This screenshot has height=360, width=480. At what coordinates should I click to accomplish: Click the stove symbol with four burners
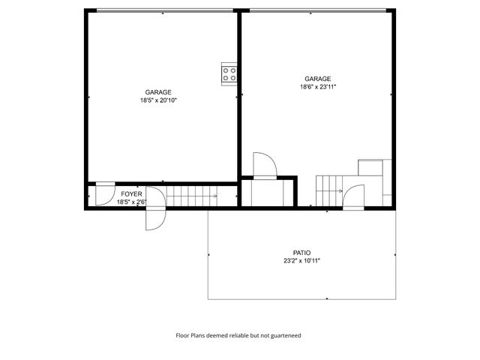click(229, 73)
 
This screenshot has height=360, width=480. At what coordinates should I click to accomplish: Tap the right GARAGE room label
click(318, 79)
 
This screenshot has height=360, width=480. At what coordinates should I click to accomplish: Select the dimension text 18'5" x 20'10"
click(157, 100)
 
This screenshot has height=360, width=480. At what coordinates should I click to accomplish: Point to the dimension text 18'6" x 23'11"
click(318, 87)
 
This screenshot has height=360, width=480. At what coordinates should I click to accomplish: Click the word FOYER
click(131, 193)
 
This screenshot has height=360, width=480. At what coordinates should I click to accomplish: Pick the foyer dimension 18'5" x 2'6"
click(131, 201)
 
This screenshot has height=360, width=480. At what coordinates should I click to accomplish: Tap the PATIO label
click(301, 253)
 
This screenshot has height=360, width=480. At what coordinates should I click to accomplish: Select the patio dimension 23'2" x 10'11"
click(301, 261)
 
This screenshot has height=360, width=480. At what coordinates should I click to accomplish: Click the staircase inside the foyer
click(191, 196)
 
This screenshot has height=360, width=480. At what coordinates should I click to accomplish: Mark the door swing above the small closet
click(265, 165)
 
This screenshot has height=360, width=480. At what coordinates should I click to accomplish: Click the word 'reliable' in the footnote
click(236, 336)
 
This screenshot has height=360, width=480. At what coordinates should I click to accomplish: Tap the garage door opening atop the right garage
click(318, 10)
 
